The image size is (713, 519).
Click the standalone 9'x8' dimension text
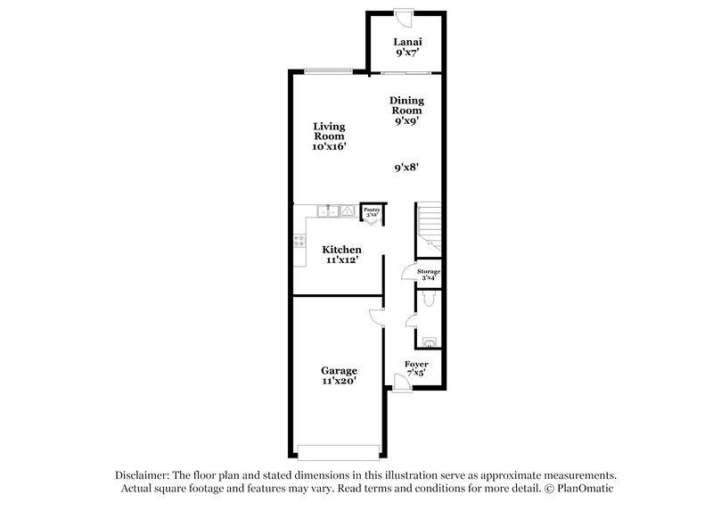(407, 167)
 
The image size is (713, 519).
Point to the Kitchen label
(341, 255)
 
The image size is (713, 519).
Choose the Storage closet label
(430, 274)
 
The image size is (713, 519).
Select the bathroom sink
(430, 341)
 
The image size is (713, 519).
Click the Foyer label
(416, 369)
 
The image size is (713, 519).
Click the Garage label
(340, 375)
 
